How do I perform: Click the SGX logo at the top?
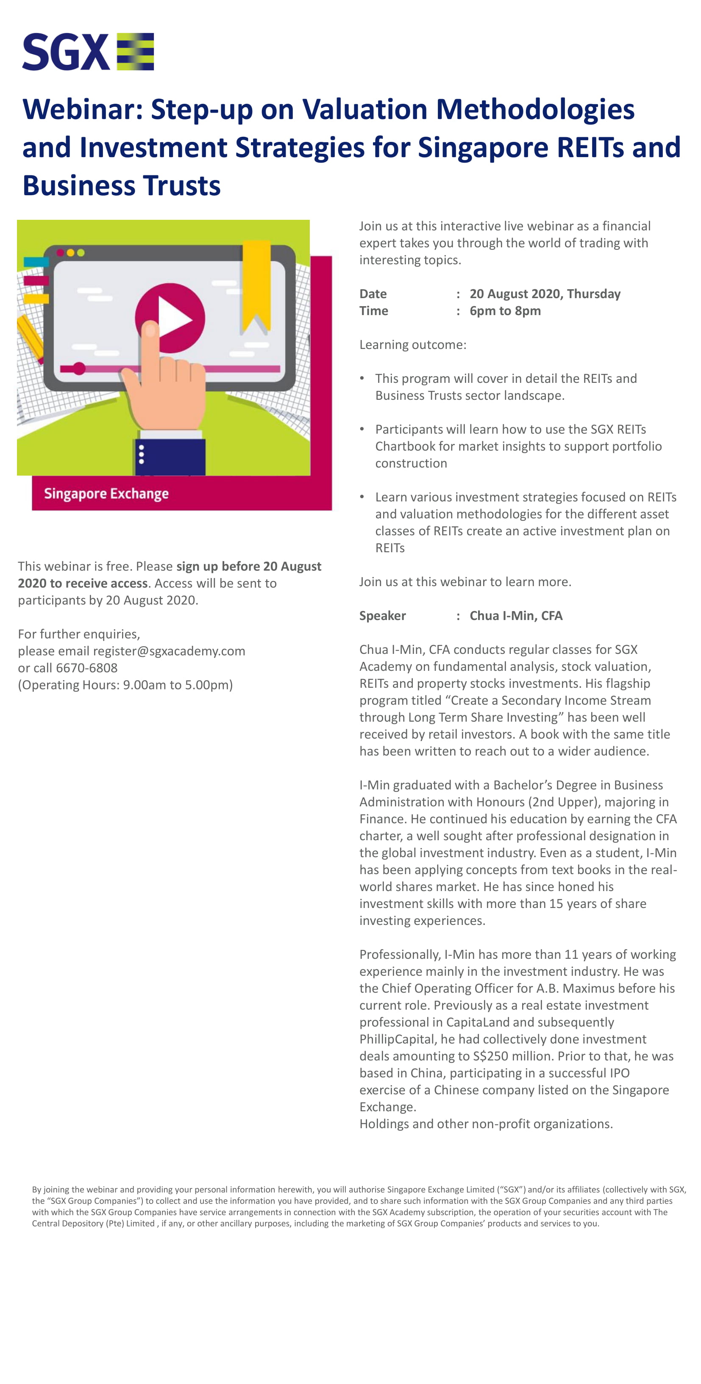[88, 52]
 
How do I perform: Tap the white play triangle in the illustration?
[174, 318]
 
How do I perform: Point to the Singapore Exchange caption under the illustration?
[106, 493]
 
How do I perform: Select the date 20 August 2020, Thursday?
[545, 294]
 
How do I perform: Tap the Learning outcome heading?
[412, 344]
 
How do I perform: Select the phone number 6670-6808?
[86, 668]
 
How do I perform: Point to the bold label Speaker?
[382, 616]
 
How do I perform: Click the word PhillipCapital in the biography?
[397, 1039]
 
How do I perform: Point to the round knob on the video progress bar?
[79, 368]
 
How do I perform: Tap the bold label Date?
[373, 294]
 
